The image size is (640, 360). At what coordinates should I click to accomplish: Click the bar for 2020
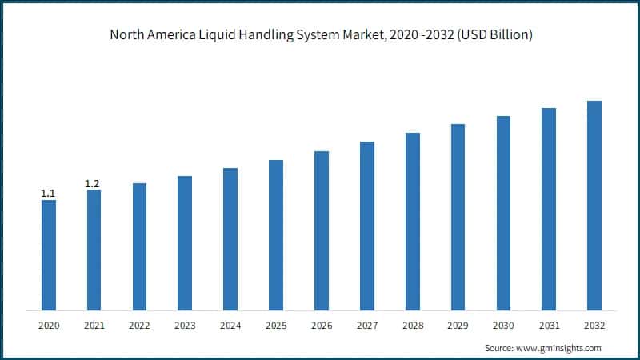(x=48, y=254)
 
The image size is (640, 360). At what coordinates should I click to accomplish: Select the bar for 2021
(x=94, y=250)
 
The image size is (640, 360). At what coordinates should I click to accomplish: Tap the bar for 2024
(x=230, y=238)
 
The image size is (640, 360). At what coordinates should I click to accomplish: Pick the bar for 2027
(x=367, y=226)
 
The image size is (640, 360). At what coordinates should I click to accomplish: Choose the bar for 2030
(x=503, y=213)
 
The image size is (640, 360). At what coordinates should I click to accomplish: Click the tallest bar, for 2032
(x=594, y=206)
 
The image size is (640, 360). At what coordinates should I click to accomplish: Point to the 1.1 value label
(x=48, y=194)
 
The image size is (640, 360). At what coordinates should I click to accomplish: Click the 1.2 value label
(x=93, y=184)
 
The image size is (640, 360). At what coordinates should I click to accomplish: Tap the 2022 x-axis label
(x=139, y=326)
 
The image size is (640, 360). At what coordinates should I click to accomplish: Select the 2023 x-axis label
(x=185, y=326)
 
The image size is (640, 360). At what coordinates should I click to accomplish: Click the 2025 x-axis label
(x=276, y=326)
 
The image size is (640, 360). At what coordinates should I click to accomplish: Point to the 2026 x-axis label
(x=322, y=326)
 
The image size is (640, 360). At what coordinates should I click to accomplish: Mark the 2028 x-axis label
(x=412, y=326)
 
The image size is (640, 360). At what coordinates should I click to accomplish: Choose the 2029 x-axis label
(x=458, y=326)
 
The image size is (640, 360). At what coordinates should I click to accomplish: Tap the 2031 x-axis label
(x=549, y=326)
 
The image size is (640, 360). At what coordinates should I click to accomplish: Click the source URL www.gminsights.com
(x=559, y=348)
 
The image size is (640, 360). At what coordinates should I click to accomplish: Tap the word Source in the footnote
(x=499, y=348)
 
